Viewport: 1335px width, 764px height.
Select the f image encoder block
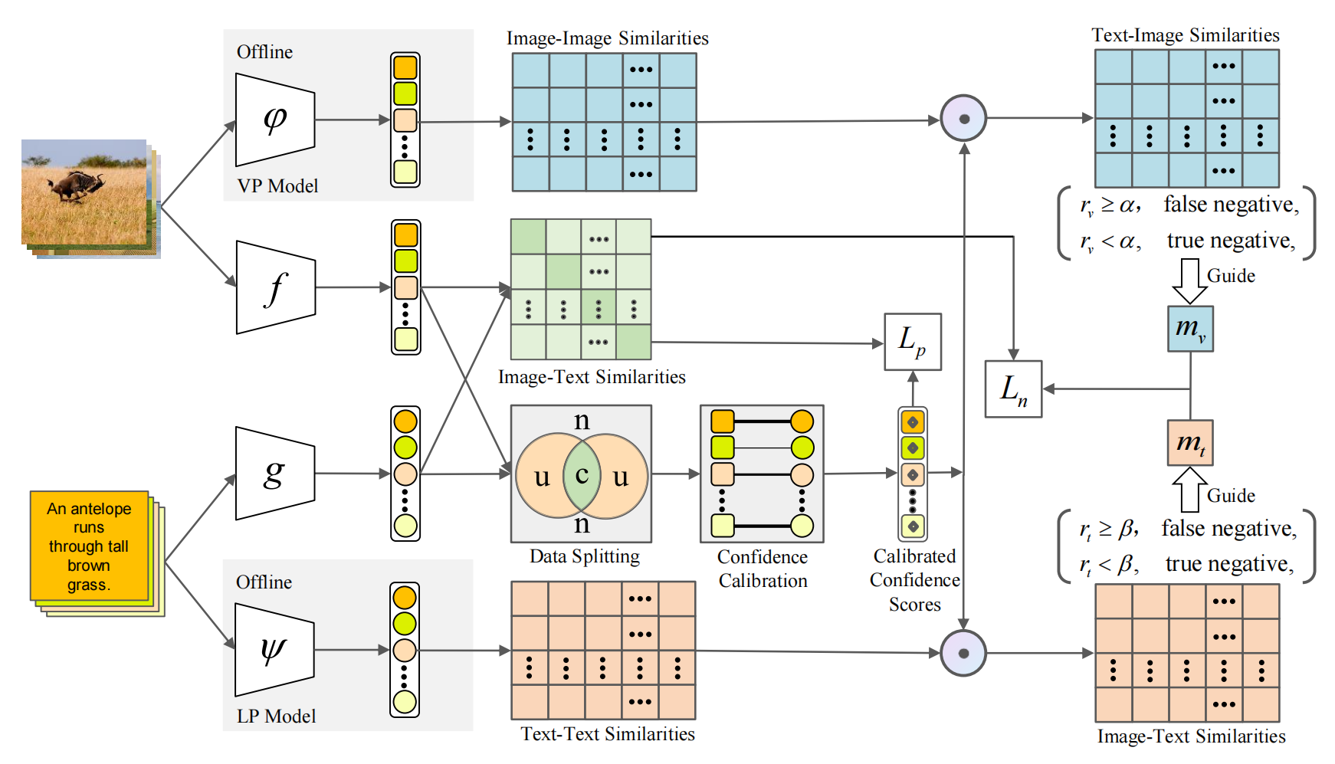[x=275, y=288]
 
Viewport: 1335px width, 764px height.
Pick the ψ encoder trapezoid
[x=274, y=650]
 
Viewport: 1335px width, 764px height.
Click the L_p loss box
[x=913, y=342]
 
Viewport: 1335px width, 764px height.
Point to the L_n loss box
[x=1013, y=389]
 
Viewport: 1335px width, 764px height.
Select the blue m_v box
[x=1190, y=329]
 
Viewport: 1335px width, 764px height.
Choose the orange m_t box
[x=1190, y=443]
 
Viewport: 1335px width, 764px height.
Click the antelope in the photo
[x=75, y=186]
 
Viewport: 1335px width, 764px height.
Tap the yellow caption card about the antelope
[x=89, y=546]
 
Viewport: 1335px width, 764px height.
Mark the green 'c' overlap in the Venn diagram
[x=582, y=475]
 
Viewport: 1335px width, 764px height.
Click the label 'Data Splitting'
[x=584, y=556]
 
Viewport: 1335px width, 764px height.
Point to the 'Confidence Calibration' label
[x=763, y=569]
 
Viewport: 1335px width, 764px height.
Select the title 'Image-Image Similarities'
[x=607, y=38]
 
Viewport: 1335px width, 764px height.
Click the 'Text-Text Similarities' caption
[x=608, y=734]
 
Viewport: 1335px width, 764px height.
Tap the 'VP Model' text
[x=277, y=186]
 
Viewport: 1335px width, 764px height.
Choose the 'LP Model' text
[x=276, y=716]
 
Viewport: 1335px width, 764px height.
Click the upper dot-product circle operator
[x=963, y=119]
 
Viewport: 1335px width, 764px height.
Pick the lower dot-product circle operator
[x=963, y=653]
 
